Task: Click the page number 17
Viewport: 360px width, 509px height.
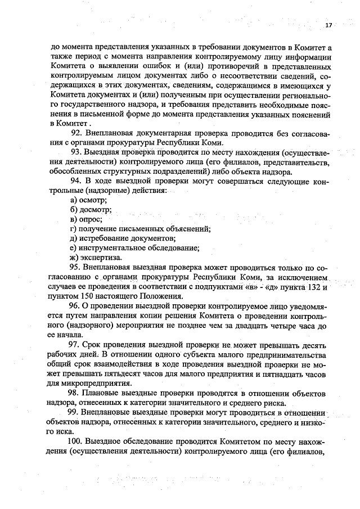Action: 328,26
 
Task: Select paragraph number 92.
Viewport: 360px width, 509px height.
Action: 77,133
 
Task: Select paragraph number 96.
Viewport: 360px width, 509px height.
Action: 75,306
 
